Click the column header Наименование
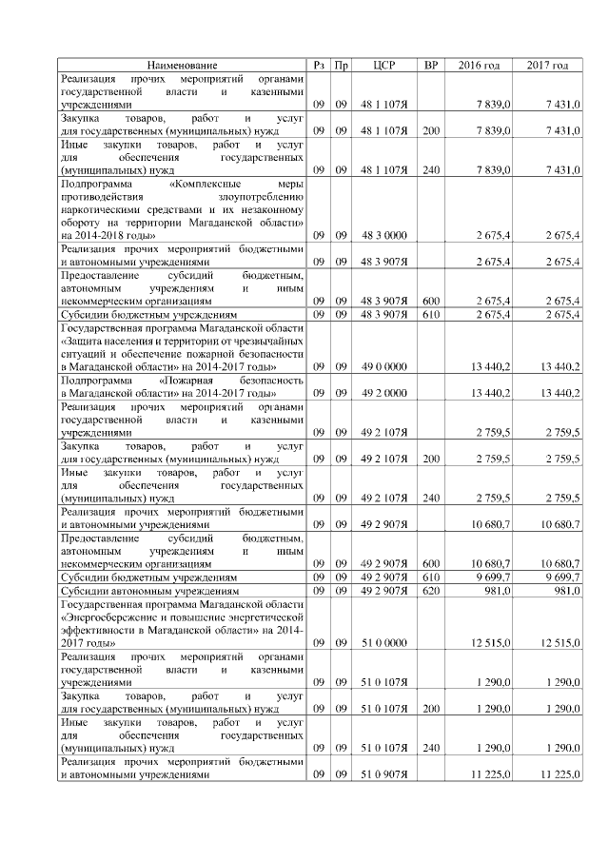(182, 65)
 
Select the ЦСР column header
(384, 65)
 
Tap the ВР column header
(431, 65)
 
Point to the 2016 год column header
(480, 65)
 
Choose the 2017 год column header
(548, 65)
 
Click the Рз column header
(320, 65)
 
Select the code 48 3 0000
(384, 234)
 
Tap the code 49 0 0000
(384, 365)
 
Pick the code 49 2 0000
(384, 392)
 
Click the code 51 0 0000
(384, 643)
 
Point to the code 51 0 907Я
(384, 774)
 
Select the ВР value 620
(431, 590)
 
